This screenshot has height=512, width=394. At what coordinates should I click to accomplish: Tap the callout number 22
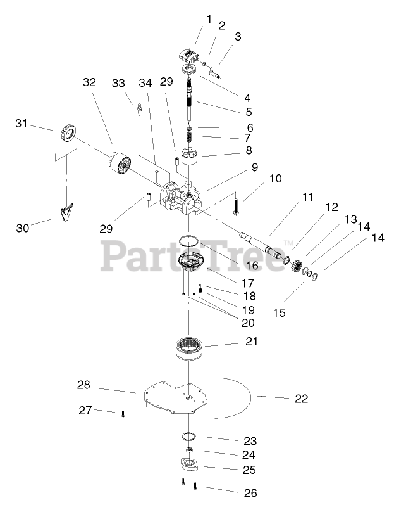pos(301,399)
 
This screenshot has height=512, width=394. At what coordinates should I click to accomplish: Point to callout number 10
pos(276,179)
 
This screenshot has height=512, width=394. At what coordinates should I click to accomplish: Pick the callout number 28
pos(83,385)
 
